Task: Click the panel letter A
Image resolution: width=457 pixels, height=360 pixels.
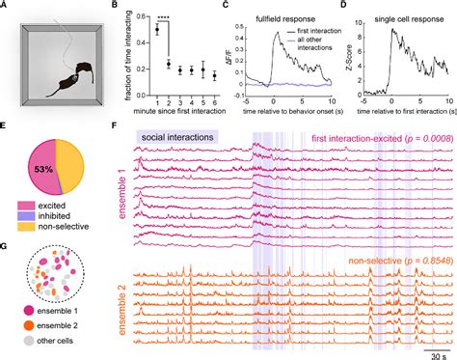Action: coord(6,8)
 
